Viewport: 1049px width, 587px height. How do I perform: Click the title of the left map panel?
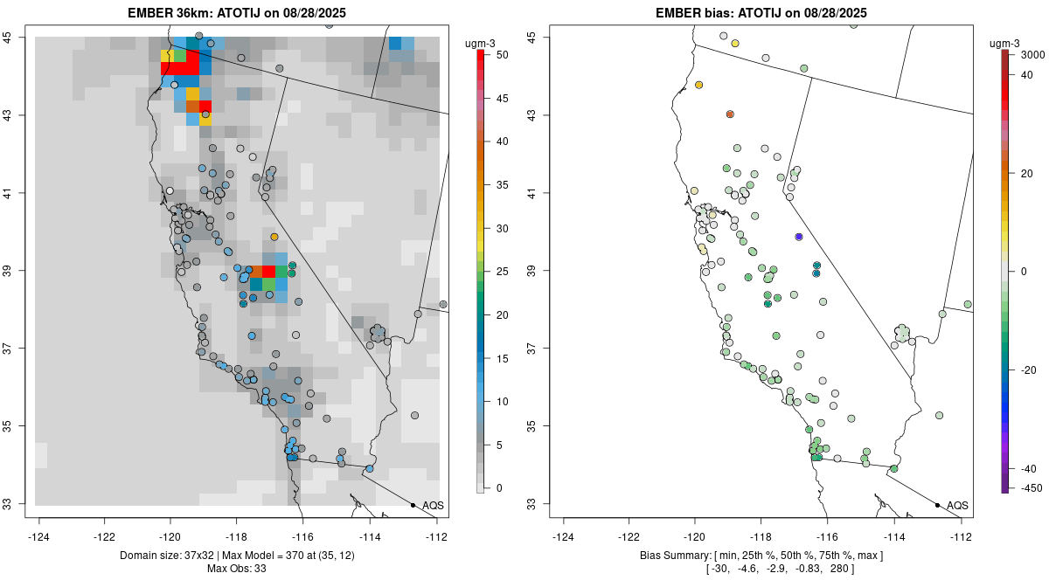238,13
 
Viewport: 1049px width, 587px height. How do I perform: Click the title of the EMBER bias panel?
762,13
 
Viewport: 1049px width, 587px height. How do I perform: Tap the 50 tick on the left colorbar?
496,55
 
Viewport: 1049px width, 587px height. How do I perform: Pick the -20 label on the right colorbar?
1030,369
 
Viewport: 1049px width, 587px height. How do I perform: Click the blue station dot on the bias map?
799,237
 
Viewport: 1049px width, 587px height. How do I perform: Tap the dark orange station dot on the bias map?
730,114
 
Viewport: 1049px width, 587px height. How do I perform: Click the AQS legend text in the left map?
433,506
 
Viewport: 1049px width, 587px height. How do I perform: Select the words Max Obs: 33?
238,569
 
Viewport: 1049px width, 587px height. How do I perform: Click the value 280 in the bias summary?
838,569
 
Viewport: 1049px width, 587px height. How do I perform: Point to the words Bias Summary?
671,556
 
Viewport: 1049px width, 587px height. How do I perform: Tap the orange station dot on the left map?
274,237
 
